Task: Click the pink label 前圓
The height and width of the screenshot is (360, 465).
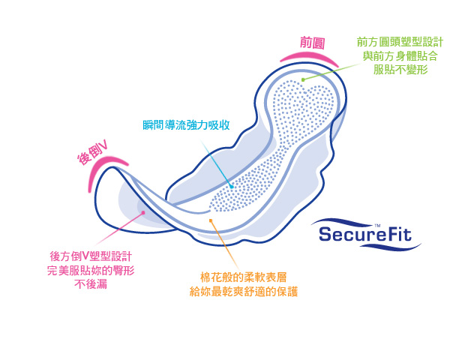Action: (x=312, y=43)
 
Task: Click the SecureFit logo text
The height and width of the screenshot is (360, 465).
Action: (x=366, y=233)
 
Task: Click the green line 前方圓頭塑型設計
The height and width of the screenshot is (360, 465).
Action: (x=400, y=42)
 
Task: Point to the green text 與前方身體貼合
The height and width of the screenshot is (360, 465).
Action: (x=400, y=55)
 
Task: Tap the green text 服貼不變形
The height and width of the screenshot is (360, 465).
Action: (x=400, y=69)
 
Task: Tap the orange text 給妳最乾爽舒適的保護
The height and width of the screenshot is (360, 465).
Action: (x=243, y=292)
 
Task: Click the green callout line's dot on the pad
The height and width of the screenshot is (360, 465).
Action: (x=302, y=79)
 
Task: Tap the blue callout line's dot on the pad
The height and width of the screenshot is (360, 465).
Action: (x=232, y=186)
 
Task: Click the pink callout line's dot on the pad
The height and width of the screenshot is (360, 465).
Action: (x=142, y=213)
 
